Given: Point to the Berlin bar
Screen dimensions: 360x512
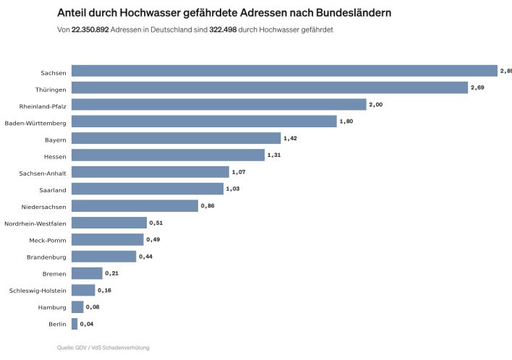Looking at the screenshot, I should click(x=74, y=323).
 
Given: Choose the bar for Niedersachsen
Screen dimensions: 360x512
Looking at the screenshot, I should click(x=135, y=205).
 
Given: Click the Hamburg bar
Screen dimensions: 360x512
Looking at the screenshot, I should click(x=77, y=307).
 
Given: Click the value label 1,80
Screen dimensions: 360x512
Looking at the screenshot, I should click(x=348, y=121).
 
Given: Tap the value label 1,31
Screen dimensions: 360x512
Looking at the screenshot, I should click(x=275, y=155).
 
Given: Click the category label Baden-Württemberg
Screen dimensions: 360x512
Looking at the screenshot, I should click(x=35, y=122).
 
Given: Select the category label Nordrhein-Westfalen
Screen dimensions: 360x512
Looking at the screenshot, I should click(x=35, y=223).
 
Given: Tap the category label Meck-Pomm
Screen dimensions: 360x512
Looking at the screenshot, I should click(x=48, y=239).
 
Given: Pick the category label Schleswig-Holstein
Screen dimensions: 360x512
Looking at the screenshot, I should click(x=38, y=290).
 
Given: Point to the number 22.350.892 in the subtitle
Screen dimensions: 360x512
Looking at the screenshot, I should click(x=90, y=29).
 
